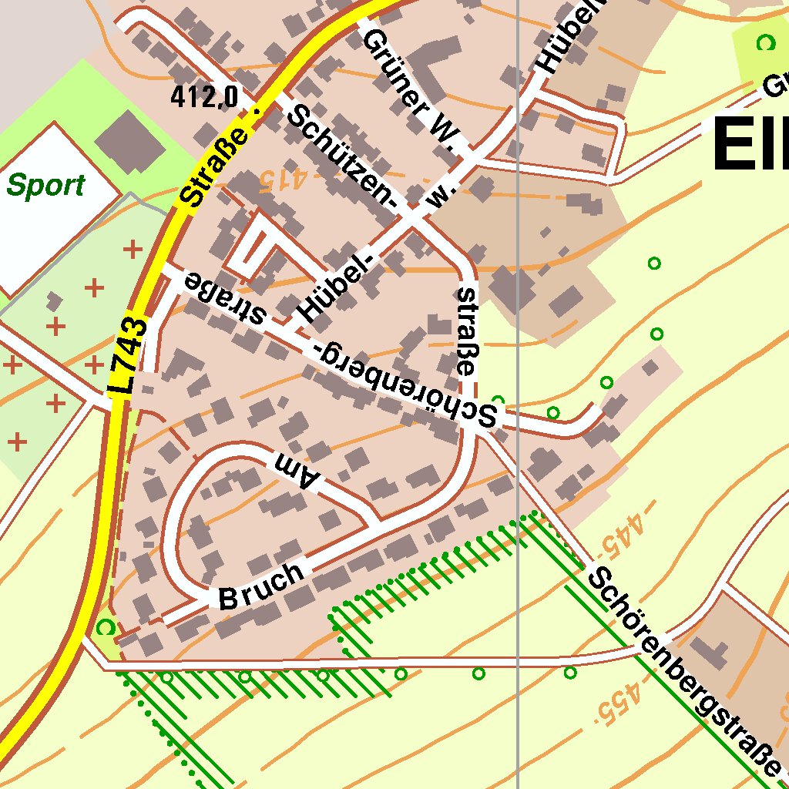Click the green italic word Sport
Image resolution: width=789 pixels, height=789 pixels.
pyautogui.click(x=45, y=186)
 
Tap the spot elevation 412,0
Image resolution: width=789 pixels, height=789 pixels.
pyautogui.click(x=204, y=97)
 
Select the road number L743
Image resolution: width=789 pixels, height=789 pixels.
pyautogui.click(x=132, y=356)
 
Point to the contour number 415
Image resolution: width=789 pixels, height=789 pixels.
pyautogui.click(x=281, y=180)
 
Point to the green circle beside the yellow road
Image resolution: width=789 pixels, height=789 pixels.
pyautogui.click(x=106, y=627)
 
